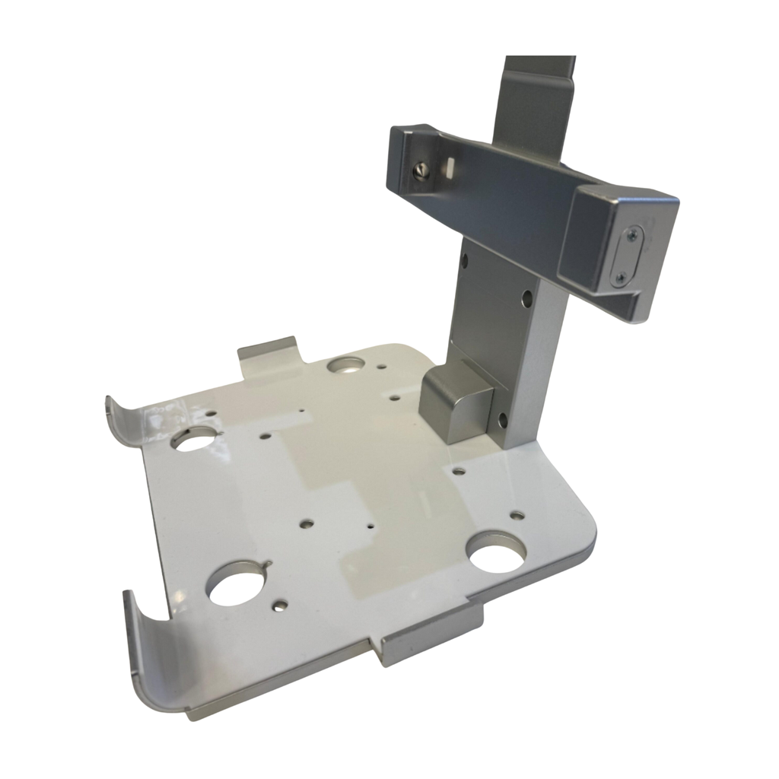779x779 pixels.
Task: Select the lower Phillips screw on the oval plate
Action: pos(620,278)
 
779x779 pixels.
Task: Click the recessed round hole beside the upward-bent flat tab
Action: pos(346,365)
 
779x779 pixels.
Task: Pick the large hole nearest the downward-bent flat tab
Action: pos(496,553)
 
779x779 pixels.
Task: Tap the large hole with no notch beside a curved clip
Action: pos(195,438)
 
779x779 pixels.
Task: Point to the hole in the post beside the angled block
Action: pos(502,418)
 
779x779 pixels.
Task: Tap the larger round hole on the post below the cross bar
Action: pos(526,298)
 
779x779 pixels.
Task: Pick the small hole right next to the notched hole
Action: pos(281,606)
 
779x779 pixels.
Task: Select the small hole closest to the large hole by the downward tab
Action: pos(517,515)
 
